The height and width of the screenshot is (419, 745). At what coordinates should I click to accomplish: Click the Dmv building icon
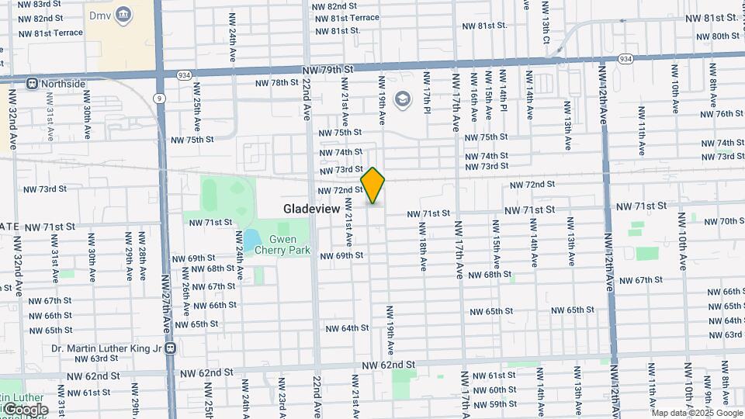click(x=123, y=15)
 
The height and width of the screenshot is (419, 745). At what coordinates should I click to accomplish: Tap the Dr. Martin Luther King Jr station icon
click(x=170, y=348)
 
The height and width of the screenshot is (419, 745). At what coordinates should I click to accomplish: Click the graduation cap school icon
click(x=402, y=99)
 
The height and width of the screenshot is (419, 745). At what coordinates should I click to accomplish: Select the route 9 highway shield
click(x=160, y=99)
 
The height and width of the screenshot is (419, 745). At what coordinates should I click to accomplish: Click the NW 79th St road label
click(x=327, y=69)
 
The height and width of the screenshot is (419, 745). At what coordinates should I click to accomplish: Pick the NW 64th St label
click(x=347, y=328)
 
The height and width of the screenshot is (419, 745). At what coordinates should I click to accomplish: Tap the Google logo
click(x=25, y=409)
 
